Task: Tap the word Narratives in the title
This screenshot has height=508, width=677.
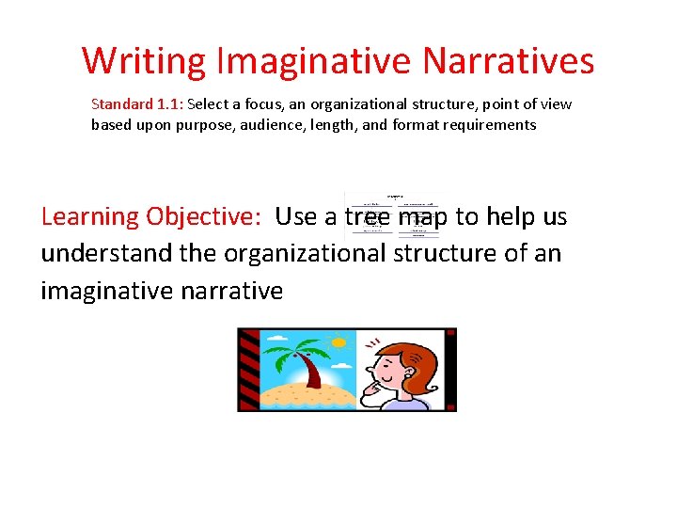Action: pos(508,61)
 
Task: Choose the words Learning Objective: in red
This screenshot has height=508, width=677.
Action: pos(150,216)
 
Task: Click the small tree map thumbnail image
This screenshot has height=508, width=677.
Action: pos(393,214)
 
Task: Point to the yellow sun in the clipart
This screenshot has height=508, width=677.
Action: pos(339,341)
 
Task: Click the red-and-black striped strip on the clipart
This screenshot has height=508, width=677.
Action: pos(248,369)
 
